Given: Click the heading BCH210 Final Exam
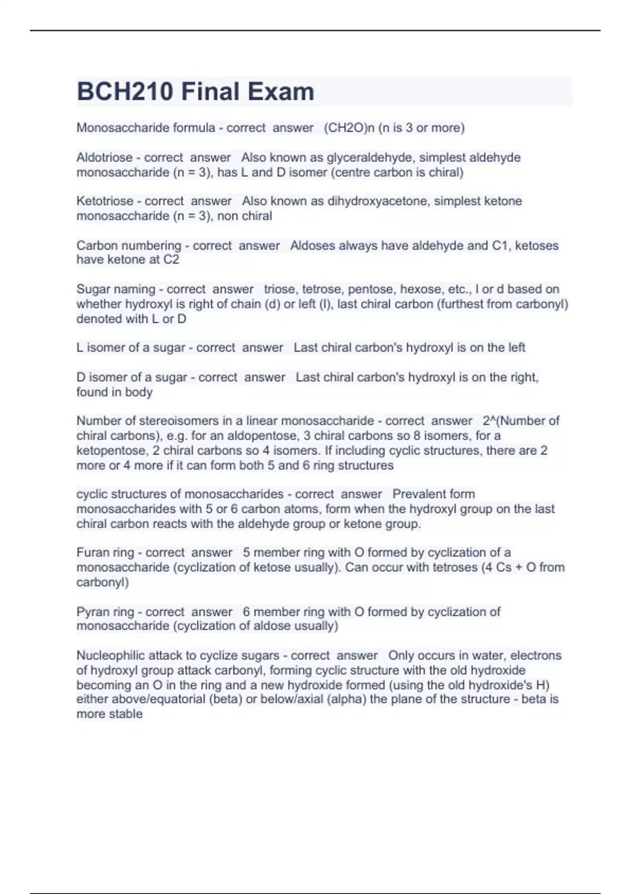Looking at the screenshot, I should pyautogui.click(x=196, y=92).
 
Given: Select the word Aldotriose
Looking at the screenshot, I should pyautogui.click(x=104, y=157).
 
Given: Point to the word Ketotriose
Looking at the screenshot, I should pyautogui.click(x=105, y=201).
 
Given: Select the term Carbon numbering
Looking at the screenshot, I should pyautogui.click(x=128, y=246).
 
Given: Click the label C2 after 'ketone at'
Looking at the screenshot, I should pyautogui.click(x=171, y=259).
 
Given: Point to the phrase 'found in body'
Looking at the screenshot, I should pyautogui.click(x=115, y=392).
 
